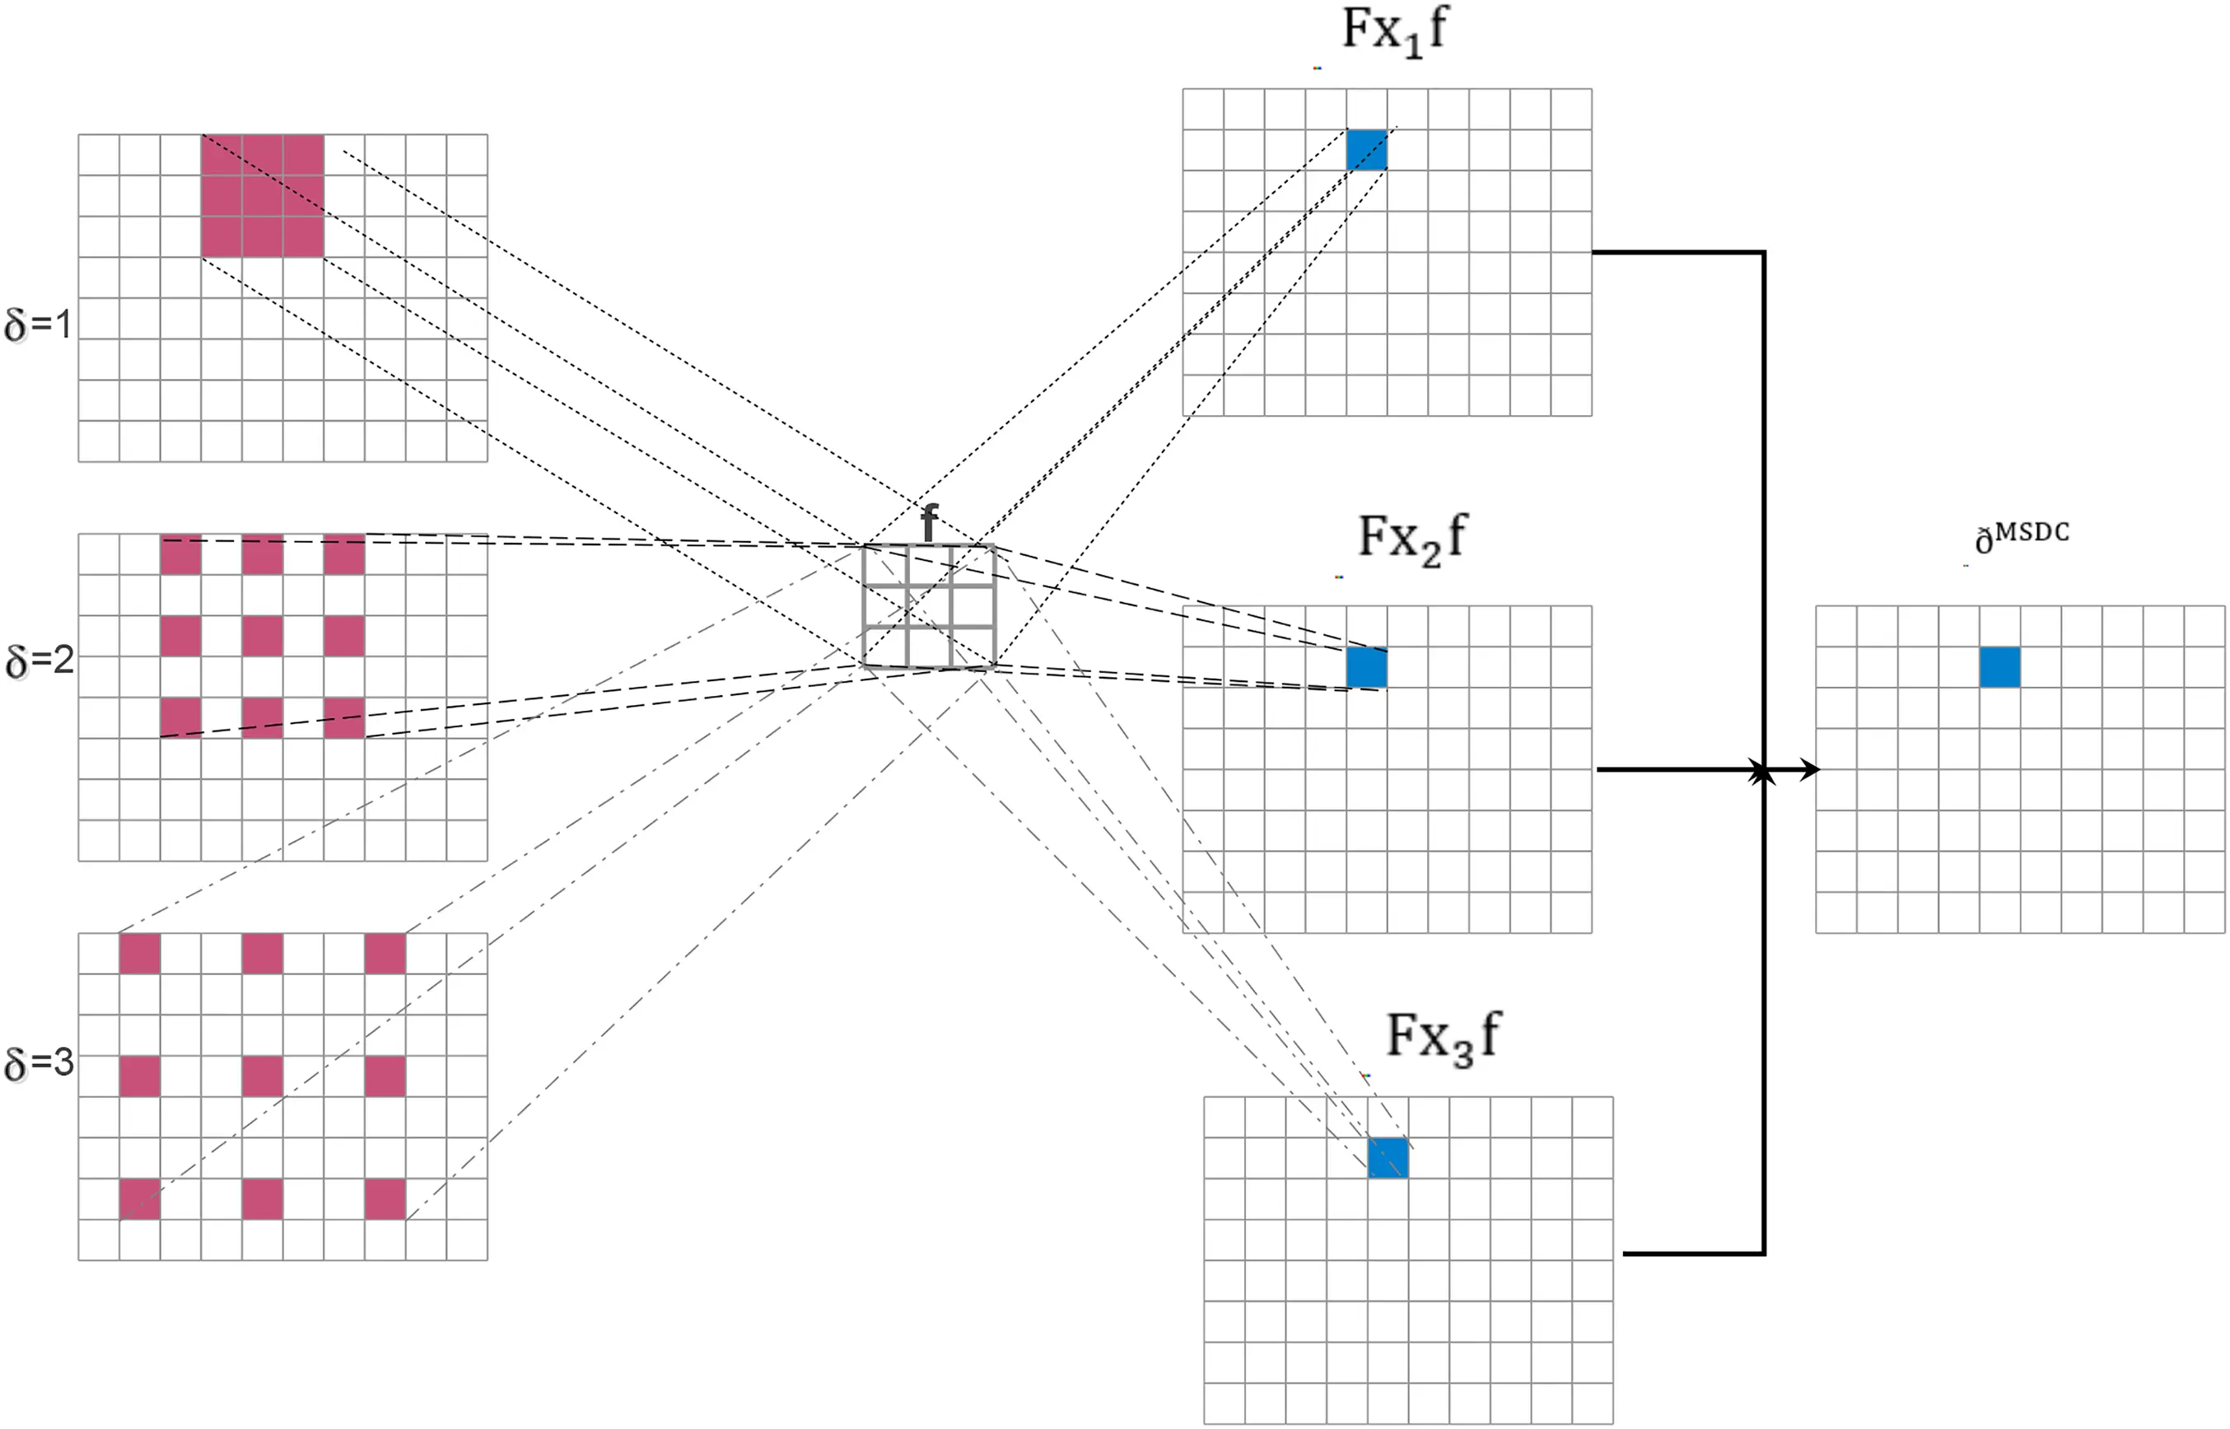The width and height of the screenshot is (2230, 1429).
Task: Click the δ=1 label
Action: tap(37, 325)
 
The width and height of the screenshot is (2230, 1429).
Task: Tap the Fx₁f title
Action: tap(1393, 30)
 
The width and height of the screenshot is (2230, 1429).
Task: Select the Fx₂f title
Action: tap(1411, 538)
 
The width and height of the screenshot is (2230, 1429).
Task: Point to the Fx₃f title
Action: tap(1443, 1038)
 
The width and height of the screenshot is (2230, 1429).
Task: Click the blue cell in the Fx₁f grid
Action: tap(1366, 149)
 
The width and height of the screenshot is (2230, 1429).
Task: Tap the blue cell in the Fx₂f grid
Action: tap(1366, 667)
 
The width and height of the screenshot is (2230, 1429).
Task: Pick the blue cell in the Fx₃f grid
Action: tap(1388, 1158)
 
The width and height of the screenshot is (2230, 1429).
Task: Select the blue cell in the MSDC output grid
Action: tap(1999, 667)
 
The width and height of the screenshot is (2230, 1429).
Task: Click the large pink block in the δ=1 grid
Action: tap(263, 196)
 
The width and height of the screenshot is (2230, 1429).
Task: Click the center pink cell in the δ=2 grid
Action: tap(263, 637)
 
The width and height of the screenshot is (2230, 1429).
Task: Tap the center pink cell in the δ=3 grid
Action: tap(263, 1076)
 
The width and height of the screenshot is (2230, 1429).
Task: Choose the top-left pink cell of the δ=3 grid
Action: tap(140, 954)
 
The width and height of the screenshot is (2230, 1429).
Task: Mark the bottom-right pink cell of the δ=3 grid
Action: tap(385, 1199)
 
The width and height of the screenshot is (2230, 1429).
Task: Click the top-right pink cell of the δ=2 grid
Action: tap(344, 555)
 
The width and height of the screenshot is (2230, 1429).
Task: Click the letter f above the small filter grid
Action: tap(929, 522)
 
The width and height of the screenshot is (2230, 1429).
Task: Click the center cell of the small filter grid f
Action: tap(929, 606)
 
